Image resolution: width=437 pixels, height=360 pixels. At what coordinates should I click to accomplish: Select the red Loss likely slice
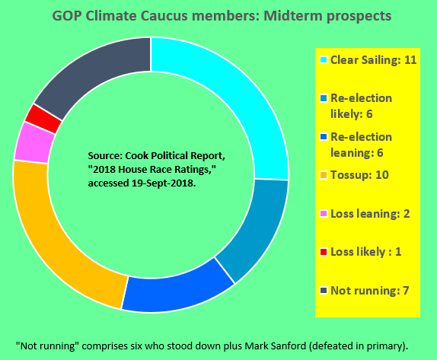click(43, 119)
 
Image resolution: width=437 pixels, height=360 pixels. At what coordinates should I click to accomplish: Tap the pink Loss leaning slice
click(34, 142)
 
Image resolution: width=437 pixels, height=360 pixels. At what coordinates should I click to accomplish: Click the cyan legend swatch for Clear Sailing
click(324, 60)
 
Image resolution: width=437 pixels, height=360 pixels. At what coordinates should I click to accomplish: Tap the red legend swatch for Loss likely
click(324, 252)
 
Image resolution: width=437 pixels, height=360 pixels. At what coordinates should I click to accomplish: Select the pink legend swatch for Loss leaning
click(324, 214)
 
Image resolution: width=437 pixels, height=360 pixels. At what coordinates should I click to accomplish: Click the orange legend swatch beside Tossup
click(324, 175)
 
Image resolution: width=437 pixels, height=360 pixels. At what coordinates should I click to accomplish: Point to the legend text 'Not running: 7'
click(369, 291)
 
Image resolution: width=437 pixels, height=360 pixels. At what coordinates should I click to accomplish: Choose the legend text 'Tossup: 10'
click(359, 175)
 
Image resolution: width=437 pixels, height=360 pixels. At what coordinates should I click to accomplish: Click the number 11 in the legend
click(410, 60)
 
